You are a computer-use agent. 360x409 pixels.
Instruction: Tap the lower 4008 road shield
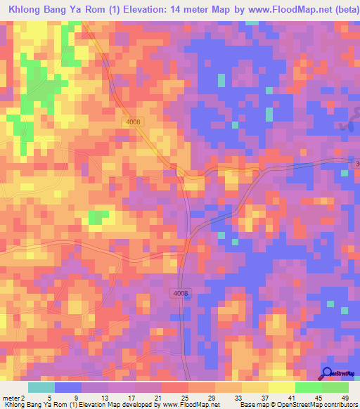[180, 293]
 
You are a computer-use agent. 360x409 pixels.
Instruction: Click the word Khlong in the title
[27, 10]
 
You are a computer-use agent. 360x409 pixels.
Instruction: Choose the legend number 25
[184, 398]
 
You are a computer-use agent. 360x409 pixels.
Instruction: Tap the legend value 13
[105, 398]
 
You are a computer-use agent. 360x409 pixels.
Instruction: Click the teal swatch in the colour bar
[41, 387]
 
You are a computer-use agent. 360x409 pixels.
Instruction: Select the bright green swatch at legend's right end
[335, 387]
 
